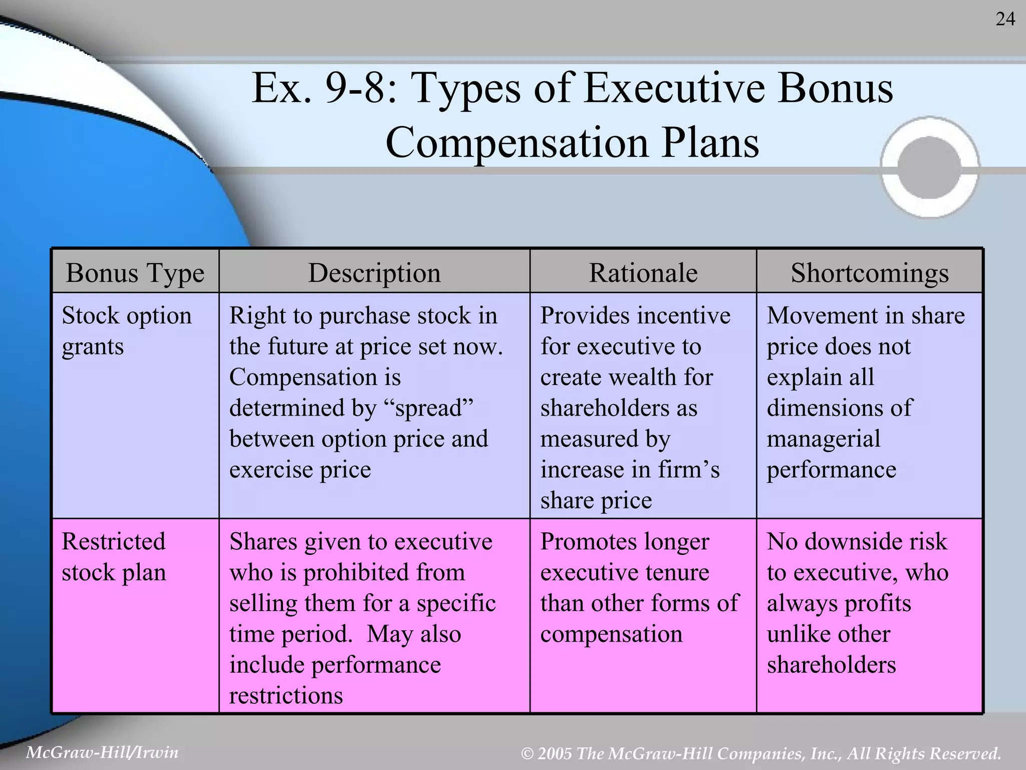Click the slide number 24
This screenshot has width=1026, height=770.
tap(1005, 20)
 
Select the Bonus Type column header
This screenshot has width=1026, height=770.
tap(135, 273)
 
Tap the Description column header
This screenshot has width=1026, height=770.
tap(374, 273)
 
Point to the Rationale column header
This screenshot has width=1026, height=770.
tap(643, 273)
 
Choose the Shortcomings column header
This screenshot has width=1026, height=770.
tap(869, 273)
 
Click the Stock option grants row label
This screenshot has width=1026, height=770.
tap(126, 331)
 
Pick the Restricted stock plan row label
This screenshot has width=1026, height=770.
tap(114, 557)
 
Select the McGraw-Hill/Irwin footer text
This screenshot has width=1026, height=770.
tap(102, 752)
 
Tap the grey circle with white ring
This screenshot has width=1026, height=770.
tap(929, 167)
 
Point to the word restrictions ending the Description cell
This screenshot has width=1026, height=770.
tap(286, 696)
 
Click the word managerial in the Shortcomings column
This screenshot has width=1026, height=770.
tap(823, 439)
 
